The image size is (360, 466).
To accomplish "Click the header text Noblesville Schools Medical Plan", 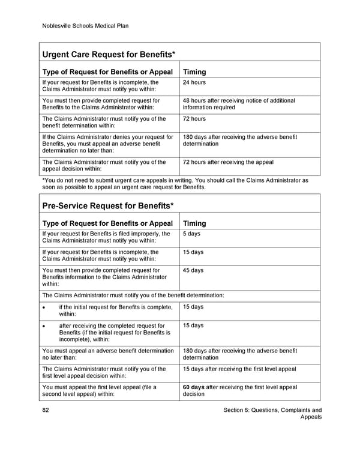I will pyautogui.click(x=85, y=26).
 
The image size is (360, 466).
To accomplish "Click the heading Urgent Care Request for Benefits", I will pyautogui.click(x=109, y=55).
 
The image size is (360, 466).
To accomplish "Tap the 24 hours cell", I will pyautogui.click(x=194, y=82).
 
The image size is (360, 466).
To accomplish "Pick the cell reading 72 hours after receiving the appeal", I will pyautogui.click(x=228, y=162).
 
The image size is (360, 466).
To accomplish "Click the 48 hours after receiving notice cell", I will pyautogui.click(x=239, y=104).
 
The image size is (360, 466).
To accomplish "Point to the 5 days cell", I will pyautogui.click(x=191, y=234).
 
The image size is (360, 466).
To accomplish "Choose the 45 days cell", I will pyautogui.click(x=193, y=271).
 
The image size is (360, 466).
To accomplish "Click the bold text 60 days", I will pyautogui.click(x=193, y=387).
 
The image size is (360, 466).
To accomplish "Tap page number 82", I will pyautogui.click(x=46, y=411).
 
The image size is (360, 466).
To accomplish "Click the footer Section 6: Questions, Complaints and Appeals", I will pyautogui.click(x=272, y=414).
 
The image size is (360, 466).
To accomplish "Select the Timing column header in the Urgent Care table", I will pyautogui.click(x=194, y=72).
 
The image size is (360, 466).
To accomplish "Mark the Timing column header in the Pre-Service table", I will pyautogui.click(x=194, y=223).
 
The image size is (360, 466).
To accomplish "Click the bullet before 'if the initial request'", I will pyautogui.click(x=44, y=307).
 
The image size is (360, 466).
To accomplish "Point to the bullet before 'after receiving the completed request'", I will pyautogui.click(x=44, y=326).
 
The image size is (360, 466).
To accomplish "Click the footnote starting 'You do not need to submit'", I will pyautogui.click(x=175, y=183).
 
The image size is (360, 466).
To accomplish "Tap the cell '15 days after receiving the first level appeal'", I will pyautogui.click(x=239, y=369).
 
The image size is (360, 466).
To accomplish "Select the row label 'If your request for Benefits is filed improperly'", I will pyautogui.click(x=106, y=237).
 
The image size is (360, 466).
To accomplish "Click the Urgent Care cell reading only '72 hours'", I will pyautogui.click(x=194, y=119).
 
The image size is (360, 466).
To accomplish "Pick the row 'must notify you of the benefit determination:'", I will pyautogui.click(x=133, y=295).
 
